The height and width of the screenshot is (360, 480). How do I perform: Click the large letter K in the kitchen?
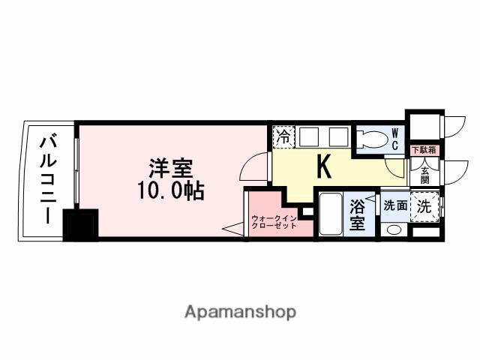coord(324,166)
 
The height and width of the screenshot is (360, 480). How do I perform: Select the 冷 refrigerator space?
coord(283,136)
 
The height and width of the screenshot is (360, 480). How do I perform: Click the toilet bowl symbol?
coord(372,139)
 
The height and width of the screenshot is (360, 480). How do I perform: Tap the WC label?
coord(395,139)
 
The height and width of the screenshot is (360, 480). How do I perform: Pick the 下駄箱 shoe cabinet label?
coord(423,151)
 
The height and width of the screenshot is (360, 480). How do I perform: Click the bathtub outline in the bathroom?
coord(328,214)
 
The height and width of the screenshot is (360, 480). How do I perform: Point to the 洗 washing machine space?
coord(424,207)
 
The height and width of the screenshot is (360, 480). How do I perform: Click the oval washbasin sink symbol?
coord(393,229)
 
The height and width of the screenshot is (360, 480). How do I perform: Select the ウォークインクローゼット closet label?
coord(274,222)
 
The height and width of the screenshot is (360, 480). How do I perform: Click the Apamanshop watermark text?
coord(239,311)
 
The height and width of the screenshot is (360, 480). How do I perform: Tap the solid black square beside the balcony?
coord(80,226)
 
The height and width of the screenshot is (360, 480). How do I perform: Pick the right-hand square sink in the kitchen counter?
coord(338,136)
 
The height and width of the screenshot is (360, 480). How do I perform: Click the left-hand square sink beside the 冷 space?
coord(310,136)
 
